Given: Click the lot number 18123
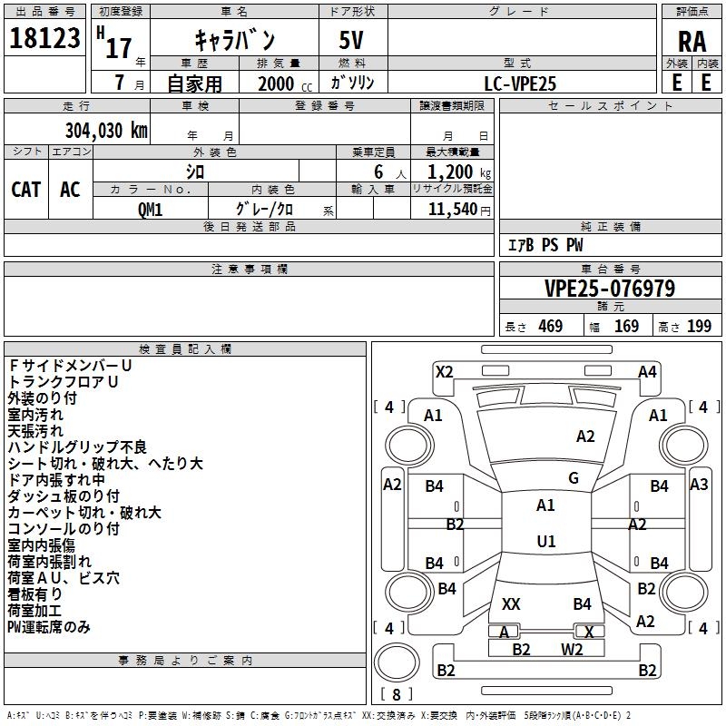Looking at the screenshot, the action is (x=44, y=38).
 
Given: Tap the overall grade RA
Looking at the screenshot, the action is (x=692, y=42).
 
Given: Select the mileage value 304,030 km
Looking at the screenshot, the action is (x=106, y=131).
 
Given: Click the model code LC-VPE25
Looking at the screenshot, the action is (x=520, y=83).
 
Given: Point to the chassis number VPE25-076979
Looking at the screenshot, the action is (x=610, y=289).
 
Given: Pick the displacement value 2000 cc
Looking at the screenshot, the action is (x=285, y=83).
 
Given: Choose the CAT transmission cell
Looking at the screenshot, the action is (x=26, y=190).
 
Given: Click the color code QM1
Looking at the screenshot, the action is (x=150, y=210).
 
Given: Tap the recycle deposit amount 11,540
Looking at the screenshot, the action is (x=453, y=210).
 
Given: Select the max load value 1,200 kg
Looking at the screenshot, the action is (x=459, y=172).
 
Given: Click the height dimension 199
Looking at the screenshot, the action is (x=699, y=326).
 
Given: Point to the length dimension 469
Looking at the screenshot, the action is (x=551, y=326).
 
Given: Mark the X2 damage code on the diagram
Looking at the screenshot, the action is (x=444, y=372).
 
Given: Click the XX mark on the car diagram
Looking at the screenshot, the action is (x=511, y=604).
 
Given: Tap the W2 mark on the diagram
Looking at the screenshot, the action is (x=572, y=650).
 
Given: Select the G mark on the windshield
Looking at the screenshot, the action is (x=574, y=478).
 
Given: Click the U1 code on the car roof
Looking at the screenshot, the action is (x=546, y=541).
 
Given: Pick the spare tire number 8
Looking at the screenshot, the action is (x=397, y=694).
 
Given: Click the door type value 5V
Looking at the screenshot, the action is (x=351, y=40).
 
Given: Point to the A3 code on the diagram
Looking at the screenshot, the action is (x=699, y=485).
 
